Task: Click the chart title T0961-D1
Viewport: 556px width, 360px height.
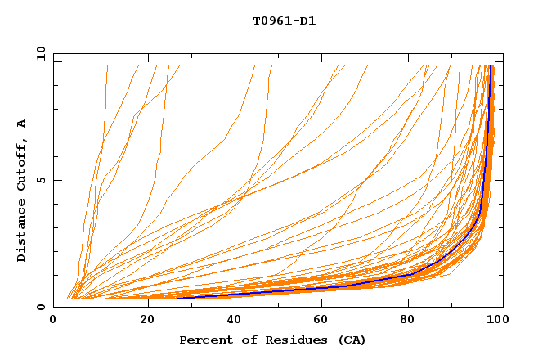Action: pos(285,20)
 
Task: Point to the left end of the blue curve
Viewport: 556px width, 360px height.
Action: pos(178,298)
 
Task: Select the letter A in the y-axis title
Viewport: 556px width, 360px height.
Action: pos(21,124)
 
